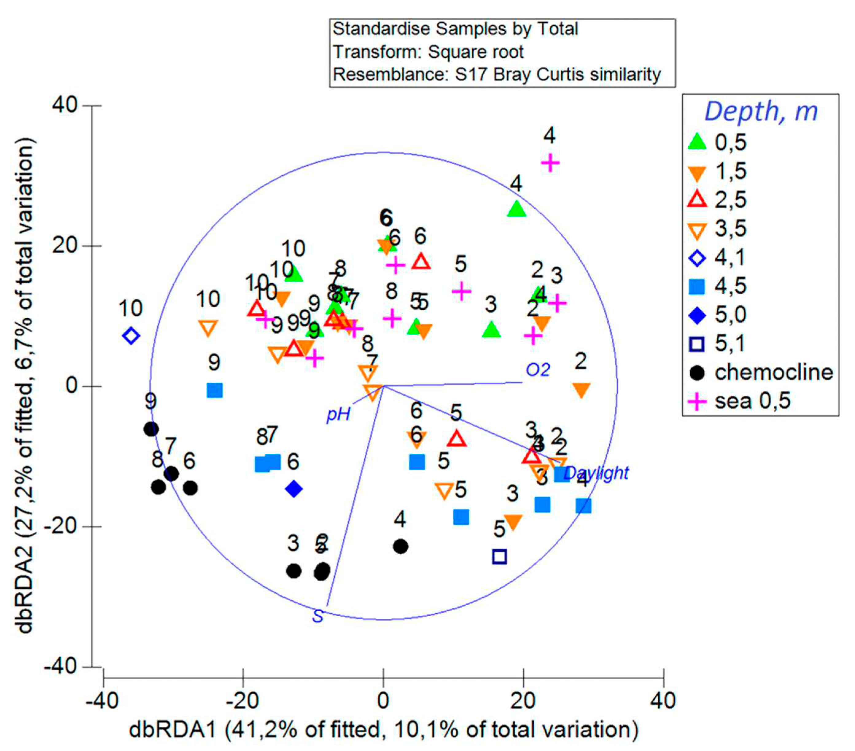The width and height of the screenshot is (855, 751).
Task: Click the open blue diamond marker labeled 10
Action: (x=131, y=335)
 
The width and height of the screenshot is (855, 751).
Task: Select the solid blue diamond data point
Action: (x=294, y=489)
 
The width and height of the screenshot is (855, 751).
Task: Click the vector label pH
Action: (x=338, y=415)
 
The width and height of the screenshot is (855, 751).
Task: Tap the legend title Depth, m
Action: (x=760, y=112)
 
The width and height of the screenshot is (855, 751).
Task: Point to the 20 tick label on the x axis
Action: (x=523, y=700)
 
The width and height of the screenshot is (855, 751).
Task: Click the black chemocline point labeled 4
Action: (x=401, y=546)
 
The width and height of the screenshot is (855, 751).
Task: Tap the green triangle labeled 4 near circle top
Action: (x=516, y=209)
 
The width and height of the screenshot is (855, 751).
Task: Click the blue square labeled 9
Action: (x=215, y=391)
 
